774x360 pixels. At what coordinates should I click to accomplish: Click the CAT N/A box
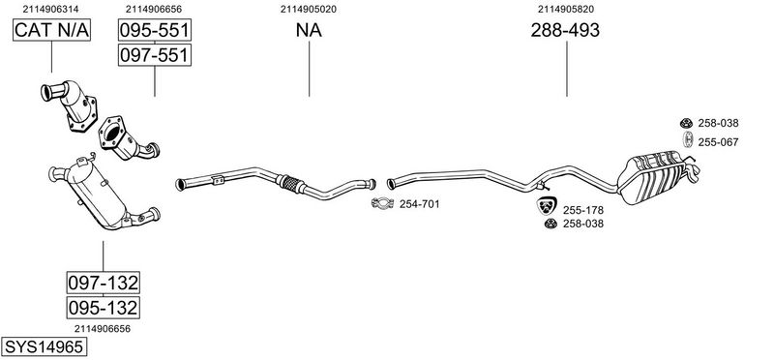click(x=51, y=30)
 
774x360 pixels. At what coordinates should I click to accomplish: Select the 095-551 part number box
click(x=155, y=30)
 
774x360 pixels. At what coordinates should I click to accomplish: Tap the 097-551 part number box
click(x=155, y=55)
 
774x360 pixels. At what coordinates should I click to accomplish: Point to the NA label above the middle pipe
click(x=309, y=30)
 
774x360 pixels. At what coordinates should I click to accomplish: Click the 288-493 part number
click(x=565, y=30)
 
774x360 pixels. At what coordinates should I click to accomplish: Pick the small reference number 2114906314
click(x=50, y=9)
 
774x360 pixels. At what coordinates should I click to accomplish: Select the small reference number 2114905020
click(x=309, y=9)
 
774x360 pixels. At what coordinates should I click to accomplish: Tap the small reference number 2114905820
click(x=566, y=9)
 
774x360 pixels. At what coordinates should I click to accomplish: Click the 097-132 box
click(x=104, y=283)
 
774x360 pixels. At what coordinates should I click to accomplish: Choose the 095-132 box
click(x=104, y=308)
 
